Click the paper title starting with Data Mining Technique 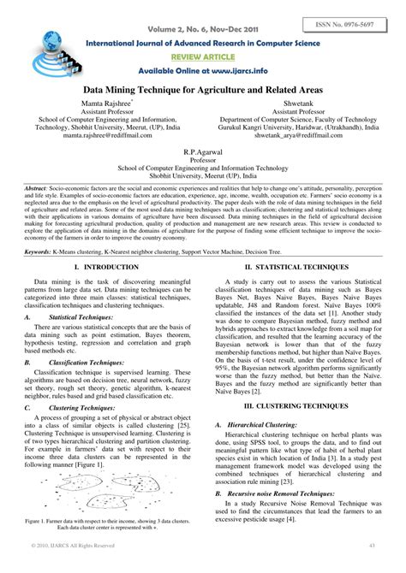204,88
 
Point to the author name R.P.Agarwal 203,150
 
